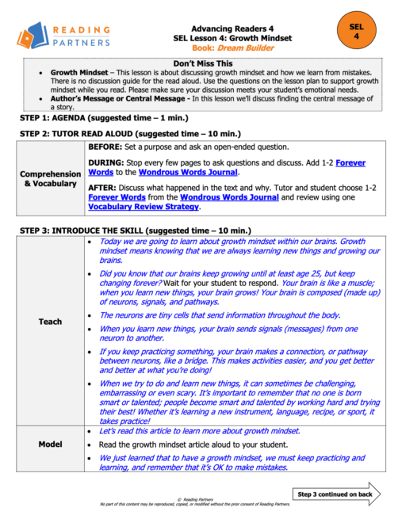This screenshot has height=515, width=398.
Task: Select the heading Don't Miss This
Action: (203, 63)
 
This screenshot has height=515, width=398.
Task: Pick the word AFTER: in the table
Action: (105, 187)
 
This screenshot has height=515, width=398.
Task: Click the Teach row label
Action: (50, 322)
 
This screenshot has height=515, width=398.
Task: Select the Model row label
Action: (50, 444)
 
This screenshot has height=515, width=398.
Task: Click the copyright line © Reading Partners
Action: (198, 498)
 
